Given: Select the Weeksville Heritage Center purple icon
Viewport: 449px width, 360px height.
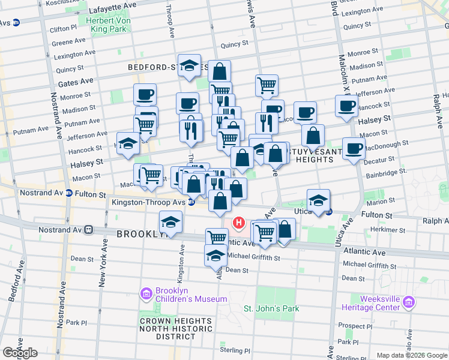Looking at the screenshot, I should point(409,302).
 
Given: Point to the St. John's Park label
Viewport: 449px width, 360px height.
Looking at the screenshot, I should point(271,308).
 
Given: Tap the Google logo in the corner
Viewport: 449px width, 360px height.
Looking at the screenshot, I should point(20,353).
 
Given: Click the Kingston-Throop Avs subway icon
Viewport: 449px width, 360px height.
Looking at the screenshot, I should point(191,202).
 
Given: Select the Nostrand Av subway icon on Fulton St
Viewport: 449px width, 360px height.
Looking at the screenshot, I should point(70,194).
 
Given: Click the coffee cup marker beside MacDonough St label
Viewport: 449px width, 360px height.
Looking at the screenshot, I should point(354,148).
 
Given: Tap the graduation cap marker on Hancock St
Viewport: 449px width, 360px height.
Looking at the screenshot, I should point(128,143).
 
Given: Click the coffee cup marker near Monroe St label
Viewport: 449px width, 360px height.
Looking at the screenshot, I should point(145,94).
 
